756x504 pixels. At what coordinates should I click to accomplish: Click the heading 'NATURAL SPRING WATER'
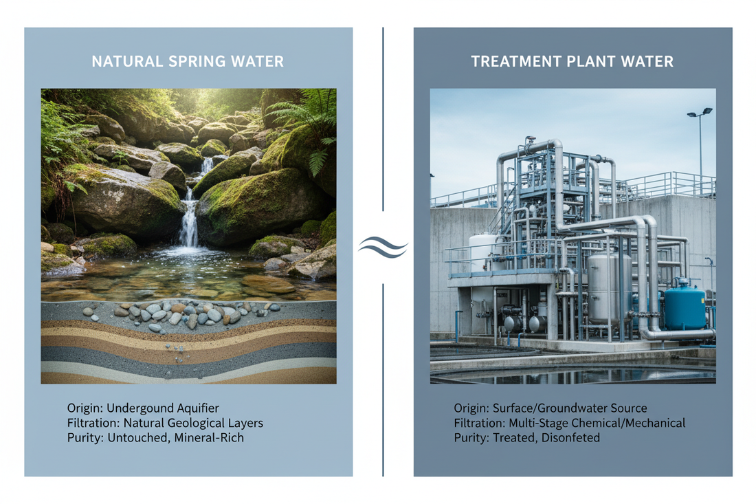pos(188,61)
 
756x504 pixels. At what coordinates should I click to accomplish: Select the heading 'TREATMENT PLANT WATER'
pos(572,61)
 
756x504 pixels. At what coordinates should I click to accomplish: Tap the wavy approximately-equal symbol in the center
pos(383,246)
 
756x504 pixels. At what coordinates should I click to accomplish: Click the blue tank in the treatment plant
pos(684,307)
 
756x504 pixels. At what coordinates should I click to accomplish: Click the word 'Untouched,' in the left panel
pos(135,438)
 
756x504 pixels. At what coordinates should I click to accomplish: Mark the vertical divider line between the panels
pos(383,138)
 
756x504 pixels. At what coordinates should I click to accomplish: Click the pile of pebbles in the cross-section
pos(179,314)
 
